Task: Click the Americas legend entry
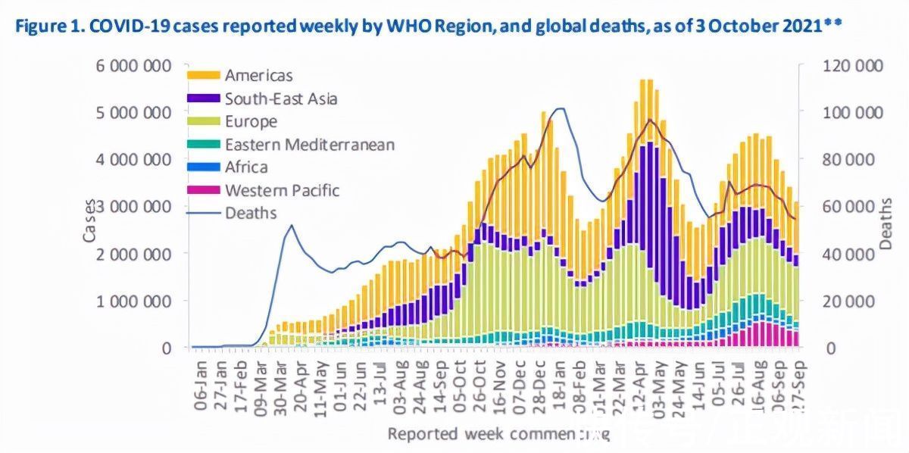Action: (x=258, y=75)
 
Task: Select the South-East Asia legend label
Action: (x=280, y=98)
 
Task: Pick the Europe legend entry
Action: (x=251, y=121)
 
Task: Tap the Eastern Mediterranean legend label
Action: (x=309, y=145)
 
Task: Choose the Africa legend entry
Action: (x=246, y=167)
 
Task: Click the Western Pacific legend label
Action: (x=282, y=190)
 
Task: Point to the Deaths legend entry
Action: (x=251, y=213)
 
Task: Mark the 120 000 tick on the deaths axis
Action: (x=853, y=66)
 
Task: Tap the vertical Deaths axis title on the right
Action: (x=886, y=225)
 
